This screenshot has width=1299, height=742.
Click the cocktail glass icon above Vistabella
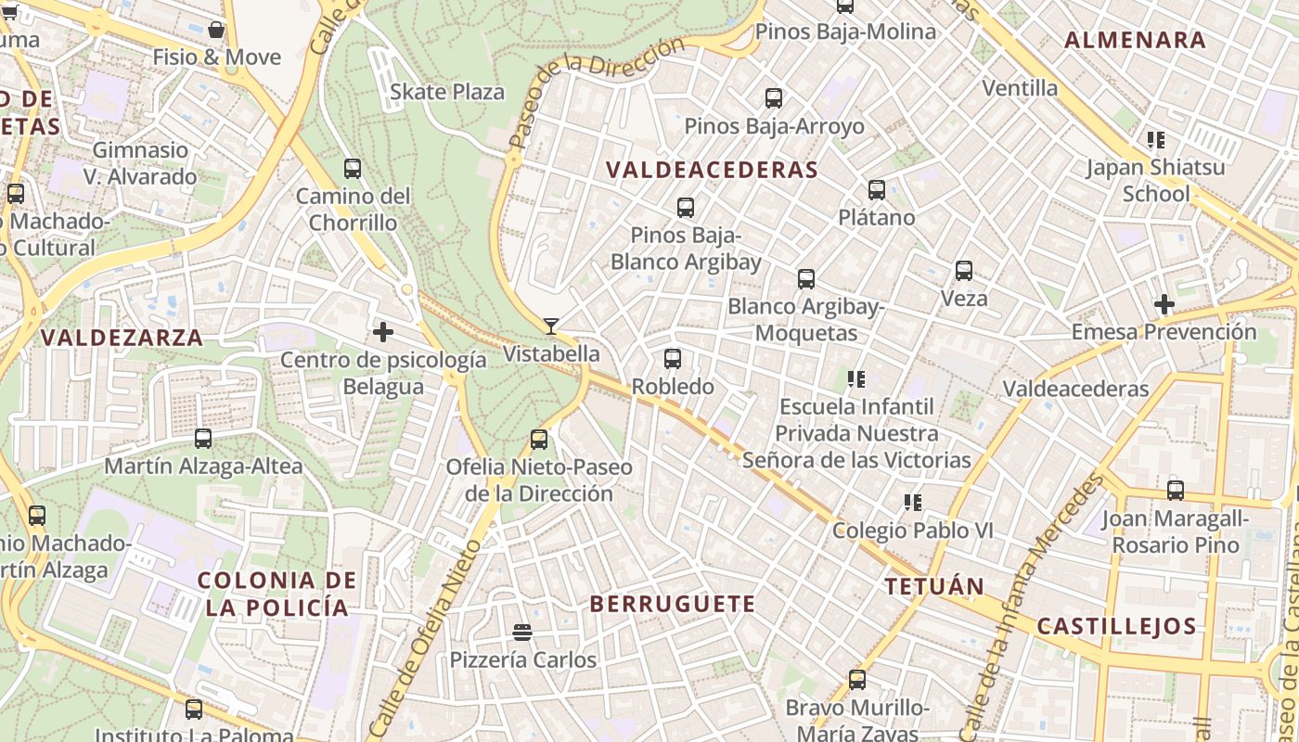[551, 326]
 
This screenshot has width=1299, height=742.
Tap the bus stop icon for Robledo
[673, 358]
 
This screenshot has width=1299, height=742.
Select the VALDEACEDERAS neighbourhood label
[712, 170]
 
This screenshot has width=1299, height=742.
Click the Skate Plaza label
[447, 92]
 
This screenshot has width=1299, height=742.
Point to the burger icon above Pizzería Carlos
[522, 633]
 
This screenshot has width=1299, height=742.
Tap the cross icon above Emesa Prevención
[1164, 303]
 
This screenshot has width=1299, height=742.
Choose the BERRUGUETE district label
[673, 604]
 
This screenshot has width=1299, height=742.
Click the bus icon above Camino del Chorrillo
[353, 169]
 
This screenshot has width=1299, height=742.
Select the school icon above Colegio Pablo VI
[913, 503]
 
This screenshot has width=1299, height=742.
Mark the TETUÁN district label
[933, 586]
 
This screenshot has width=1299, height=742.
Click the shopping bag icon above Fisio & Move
[216, 30]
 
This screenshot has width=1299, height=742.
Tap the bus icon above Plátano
[877, 190]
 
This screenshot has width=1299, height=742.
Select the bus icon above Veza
[964, 271]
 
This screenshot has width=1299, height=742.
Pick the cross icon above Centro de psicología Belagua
[383, 331]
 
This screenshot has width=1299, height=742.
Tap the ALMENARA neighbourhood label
[1135, 40]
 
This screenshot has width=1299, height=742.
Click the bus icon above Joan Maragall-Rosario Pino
[1176, 491]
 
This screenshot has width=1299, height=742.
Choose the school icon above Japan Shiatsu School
[1155, 140]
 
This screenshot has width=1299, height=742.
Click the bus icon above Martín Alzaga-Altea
[203, 439]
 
